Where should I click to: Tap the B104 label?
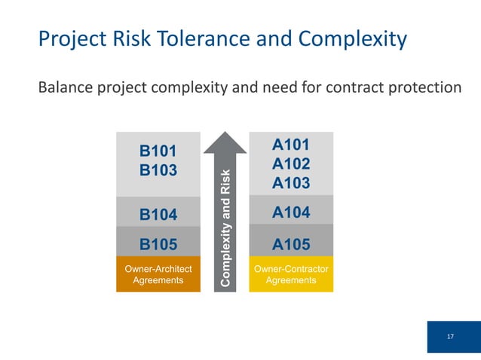coord(158,215)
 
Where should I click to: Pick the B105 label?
coord(158,244)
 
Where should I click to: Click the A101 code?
coord(291,144)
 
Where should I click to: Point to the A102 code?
coord(291,163)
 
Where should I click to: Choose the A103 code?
coord(291,183)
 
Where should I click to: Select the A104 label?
coord(291,213)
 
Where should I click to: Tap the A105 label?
coord(291,244)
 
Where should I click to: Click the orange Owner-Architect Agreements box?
coord(158,274)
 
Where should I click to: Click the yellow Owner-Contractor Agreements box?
coord(291,274)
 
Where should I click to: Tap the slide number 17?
coord(450,336)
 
